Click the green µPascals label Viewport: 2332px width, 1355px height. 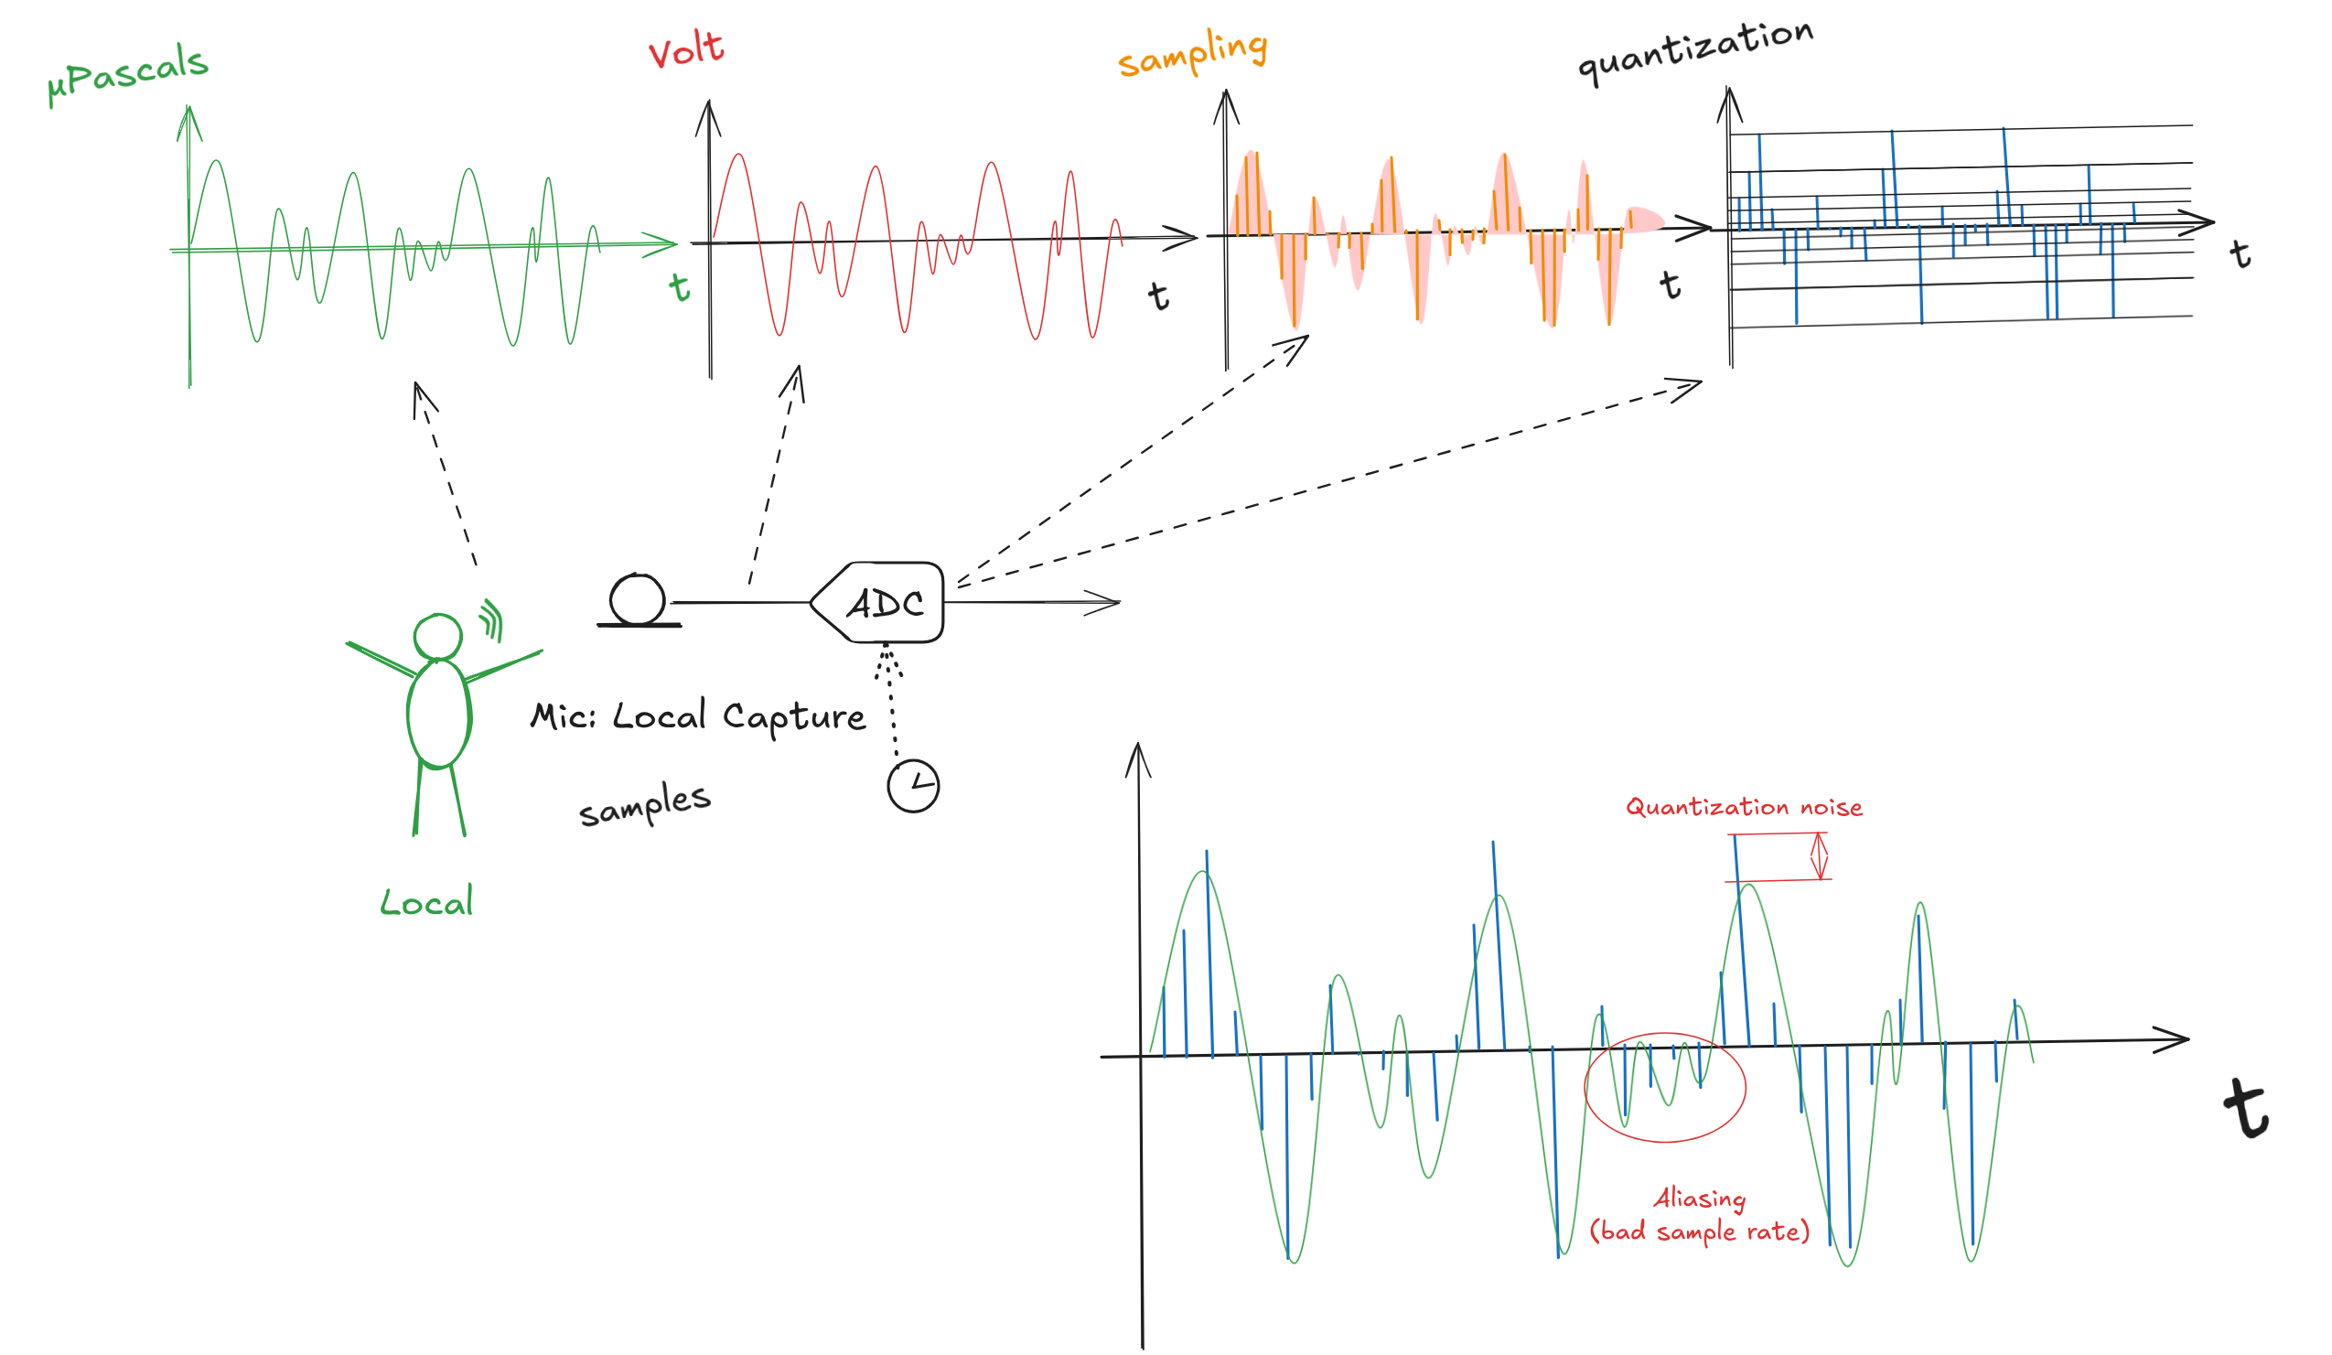click(129, 74)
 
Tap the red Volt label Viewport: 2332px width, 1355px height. click(686, 49)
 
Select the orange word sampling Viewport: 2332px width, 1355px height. click(1192, 54)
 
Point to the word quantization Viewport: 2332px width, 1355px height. click(1694, 51)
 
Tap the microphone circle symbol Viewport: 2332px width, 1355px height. click(638, 600)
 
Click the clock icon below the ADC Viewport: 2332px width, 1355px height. click(912, 787)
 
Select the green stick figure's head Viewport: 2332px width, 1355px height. click(437, 636)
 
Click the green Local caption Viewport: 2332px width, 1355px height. click(426, 902)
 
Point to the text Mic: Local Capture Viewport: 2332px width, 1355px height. click(698, 717)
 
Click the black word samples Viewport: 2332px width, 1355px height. click(645, 804)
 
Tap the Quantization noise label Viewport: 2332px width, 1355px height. click(1744, 808)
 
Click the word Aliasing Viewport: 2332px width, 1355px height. click(1699, 1199)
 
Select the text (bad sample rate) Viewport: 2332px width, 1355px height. click(1699, 1231)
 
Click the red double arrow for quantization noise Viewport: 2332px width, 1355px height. click(1819, 856)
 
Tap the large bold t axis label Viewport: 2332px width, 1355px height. click(2246, 1109)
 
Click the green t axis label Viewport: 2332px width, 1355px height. click(680, 287)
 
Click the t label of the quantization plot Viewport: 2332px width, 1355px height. click(2240, 253)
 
